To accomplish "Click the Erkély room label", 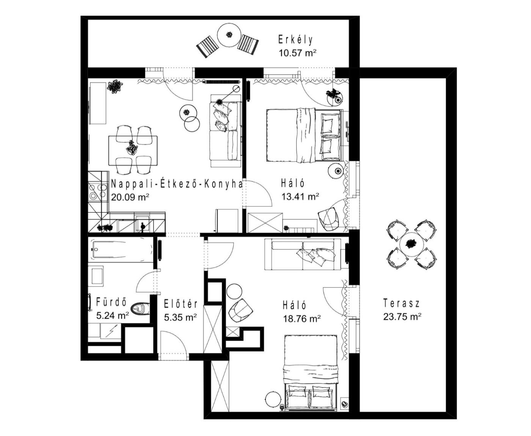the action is pos(295,40).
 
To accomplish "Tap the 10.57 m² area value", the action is pos(297,53).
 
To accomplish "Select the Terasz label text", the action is pos(401,303).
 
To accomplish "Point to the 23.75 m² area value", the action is pos(402,317).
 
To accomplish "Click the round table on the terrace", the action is pos(412,244).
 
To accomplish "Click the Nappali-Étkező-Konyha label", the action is pos(176,184).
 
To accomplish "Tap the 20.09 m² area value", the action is pos(130,197).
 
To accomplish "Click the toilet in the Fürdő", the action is pos(140,309).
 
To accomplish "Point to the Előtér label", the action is pos(181,304).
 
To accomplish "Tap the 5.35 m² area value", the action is pos(180,317).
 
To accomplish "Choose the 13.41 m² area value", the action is pos(300,196).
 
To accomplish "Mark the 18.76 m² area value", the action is pos(302,319).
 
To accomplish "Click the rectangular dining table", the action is pos(133,151).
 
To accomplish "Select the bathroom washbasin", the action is pos(97,276).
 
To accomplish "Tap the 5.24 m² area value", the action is pos(113,315).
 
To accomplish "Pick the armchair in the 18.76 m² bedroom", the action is pos(240,310).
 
